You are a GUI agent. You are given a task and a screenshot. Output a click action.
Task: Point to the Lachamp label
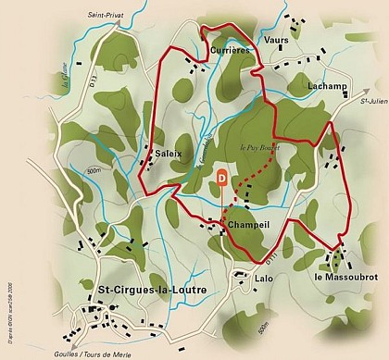(x=329, y=85)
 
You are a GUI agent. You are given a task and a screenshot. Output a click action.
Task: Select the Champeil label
(x=247, y=224)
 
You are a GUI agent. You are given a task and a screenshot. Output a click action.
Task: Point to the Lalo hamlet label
(x=241, y=277)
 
